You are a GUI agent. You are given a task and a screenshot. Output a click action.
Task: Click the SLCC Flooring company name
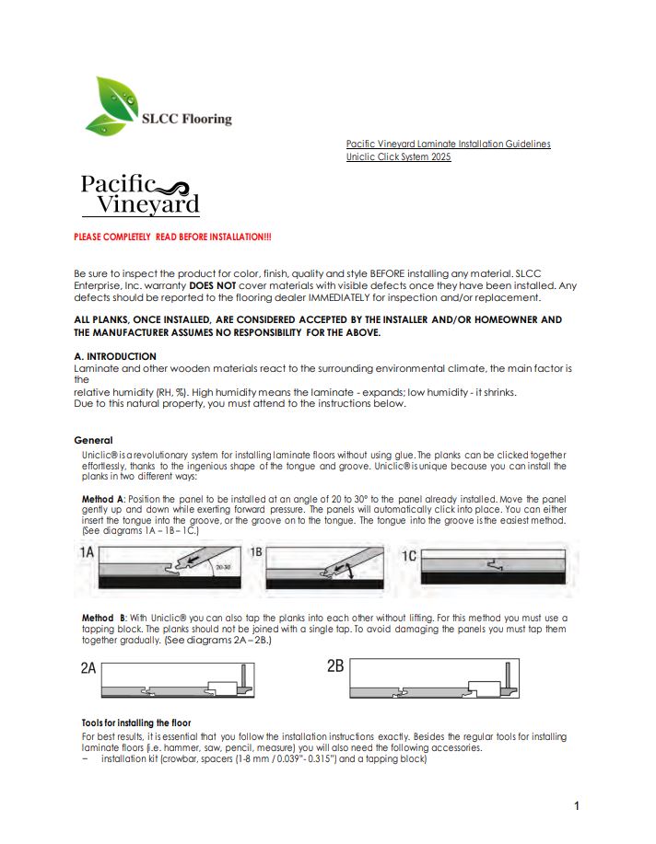(187, 119)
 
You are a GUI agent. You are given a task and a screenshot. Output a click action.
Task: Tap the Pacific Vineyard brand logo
(140, 194)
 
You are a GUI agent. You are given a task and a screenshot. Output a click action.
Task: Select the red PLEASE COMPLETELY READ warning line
(172, 237)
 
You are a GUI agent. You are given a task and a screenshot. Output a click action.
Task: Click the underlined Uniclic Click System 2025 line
(398, 157)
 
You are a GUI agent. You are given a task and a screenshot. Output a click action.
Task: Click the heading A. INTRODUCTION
(115, 356)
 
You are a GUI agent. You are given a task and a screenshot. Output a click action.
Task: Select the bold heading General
(93, 441)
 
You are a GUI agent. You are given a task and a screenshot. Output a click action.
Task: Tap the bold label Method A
(102, 499)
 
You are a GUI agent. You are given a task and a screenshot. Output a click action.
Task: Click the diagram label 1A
(88, 554)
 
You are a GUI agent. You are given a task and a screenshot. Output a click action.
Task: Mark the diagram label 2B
(335, 665)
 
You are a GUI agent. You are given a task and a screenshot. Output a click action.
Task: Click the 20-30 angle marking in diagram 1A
(222, 569)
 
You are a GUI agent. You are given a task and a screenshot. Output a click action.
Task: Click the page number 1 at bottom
(577, 807)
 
